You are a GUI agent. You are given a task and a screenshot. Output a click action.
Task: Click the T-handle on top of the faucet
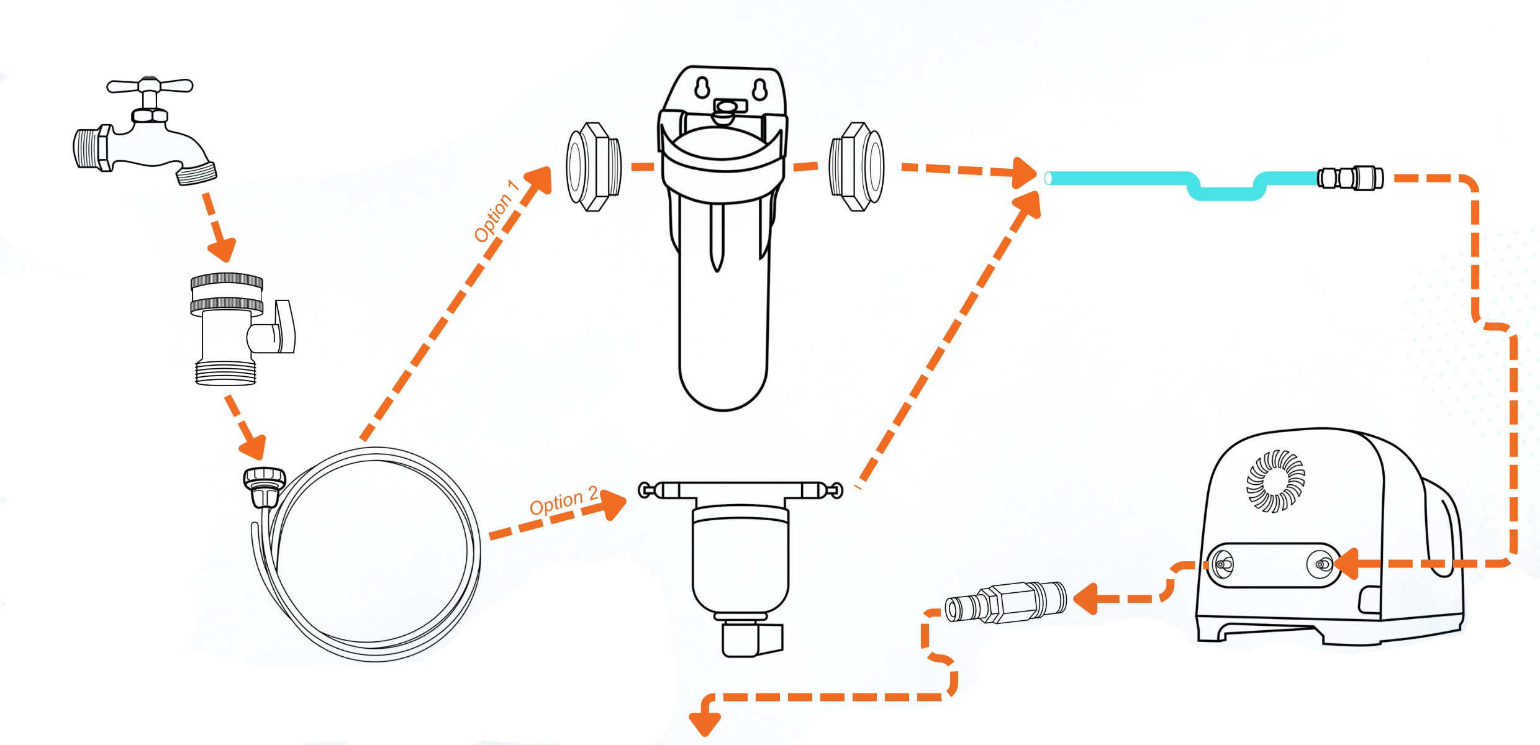click(150, 86)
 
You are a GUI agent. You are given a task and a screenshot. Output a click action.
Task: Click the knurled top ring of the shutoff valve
click(227, 281)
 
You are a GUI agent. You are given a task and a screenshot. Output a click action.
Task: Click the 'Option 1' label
click(495, 211)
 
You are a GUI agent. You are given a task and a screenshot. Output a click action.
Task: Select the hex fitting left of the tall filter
click(594, 167)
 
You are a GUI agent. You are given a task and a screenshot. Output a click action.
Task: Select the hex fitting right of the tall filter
click(857, 167)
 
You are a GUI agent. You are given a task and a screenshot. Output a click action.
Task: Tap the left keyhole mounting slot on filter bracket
click(702, 88)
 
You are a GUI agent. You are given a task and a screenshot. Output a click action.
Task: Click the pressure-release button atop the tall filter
click(724, 112)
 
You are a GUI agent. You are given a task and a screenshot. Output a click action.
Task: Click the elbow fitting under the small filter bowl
click(751, 639)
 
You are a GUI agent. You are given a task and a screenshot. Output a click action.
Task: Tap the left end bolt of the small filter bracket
click(646, 491)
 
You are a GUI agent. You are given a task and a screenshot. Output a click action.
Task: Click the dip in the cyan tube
click(1226, 194)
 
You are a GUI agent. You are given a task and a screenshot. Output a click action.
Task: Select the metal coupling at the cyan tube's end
click(1350, 178)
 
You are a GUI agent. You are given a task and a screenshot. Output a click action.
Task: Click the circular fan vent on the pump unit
click(1276, 481)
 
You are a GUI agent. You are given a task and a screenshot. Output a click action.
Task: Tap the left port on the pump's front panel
click(1223, 564)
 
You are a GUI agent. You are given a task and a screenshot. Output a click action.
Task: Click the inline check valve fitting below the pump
click(1006, 602)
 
